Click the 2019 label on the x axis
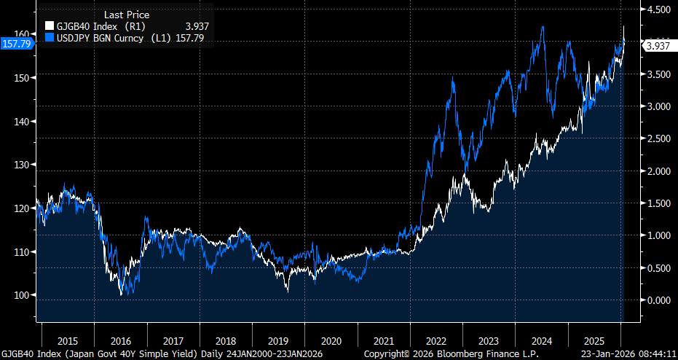278,341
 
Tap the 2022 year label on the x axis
435,341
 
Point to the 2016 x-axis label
121,341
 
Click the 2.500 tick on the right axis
658,138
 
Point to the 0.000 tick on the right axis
658,300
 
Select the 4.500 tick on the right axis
658,9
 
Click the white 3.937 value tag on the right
658,46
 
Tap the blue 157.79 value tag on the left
15,44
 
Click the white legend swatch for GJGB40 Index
50,26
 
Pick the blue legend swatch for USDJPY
50,36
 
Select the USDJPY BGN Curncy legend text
102,36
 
